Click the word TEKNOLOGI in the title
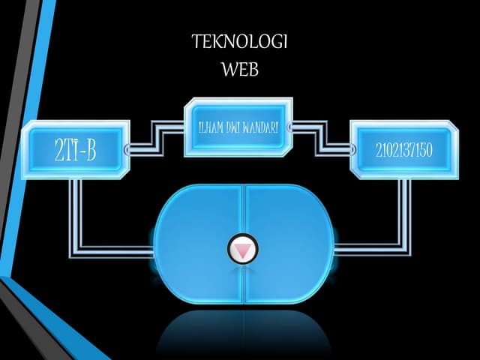pos(240,42)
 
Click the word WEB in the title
pos(240,69)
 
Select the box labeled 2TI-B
pos(76,150)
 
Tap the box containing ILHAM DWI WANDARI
pos(238,127)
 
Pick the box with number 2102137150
pos(404,150)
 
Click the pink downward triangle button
pos(243,249)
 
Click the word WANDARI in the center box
pos(260,127)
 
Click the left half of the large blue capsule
pos(199,244)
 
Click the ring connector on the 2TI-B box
pos(127,149)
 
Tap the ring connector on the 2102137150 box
pos(353,150)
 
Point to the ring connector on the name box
pos(289,127)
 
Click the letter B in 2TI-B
pos(91,150)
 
